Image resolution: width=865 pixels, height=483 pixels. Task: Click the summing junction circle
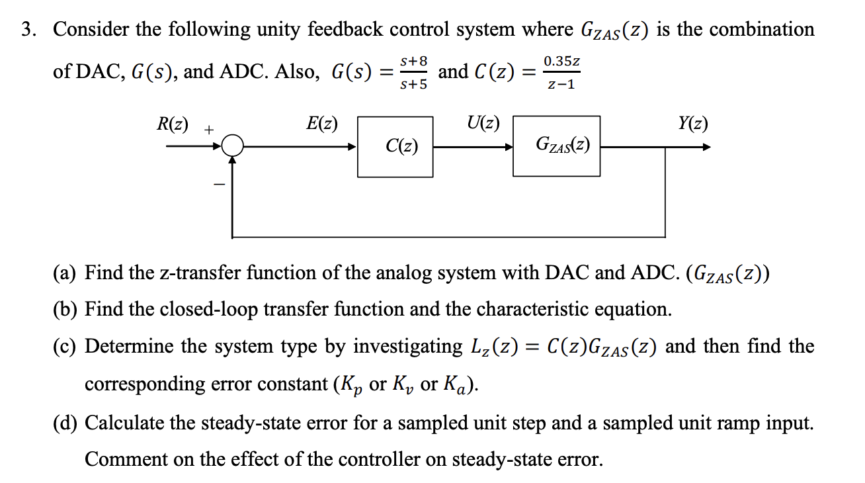(233, 146)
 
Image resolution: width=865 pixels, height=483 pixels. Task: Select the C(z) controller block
(395, 146)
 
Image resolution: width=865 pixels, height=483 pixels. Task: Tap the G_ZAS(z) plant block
(556, 146)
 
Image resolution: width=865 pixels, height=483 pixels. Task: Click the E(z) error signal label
(322, 124)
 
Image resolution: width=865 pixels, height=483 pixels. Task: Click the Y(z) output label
(692, 124)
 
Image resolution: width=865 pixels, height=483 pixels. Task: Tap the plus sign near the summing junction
(208, 130)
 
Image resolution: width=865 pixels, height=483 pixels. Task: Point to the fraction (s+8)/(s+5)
(414, 72)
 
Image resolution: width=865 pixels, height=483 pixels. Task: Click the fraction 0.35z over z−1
(561, 72)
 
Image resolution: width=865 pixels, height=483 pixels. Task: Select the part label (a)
(65, 273)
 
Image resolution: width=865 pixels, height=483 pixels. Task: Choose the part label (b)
(65, 309)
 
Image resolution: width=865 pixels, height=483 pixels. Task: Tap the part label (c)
(65, 346)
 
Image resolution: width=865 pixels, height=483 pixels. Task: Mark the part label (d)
(65, 423)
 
